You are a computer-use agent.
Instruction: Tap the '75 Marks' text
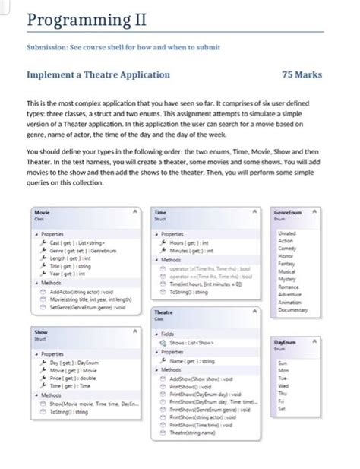[x=302, y=75]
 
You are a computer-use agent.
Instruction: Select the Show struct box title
[x=41, y=332]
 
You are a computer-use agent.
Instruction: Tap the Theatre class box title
[x=163, y=312]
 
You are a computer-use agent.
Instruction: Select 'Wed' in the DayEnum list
[x=283, y=385]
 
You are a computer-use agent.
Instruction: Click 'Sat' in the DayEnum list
[x=282, y=409]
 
